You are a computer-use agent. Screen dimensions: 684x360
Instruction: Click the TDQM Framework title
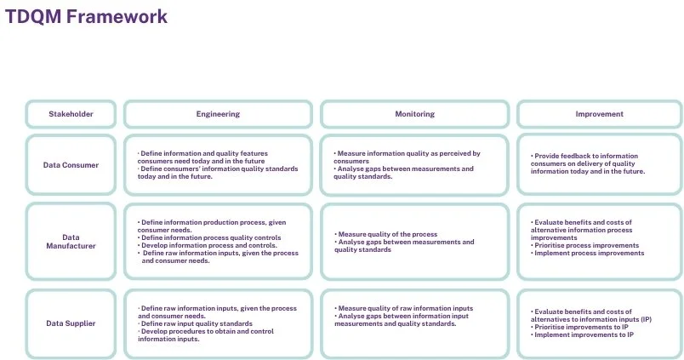point(86,17)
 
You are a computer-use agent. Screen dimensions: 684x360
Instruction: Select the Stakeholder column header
point(71,114)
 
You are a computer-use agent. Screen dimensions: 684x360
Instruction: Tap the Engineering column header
point(218,114)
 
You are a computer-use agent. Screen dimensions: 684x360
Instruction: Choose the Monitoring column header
point(414,114)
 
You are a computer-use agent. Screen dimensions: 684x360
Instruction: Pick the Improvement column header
point(599,114)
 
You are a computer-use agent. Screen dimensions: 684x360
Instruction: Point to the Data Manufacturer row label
point(71,242)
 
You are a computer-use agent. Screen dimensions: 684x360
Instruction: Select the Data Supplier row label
point(71,323)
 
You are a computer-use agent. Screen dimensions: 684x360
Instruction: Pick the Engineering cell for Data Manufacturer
point(218,242)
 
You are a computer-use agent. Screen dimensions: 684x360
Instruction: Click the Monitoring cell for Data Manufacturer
point(414,242)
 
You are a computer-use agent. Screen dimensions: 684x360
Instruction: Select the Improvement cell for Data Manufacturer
point(599,242)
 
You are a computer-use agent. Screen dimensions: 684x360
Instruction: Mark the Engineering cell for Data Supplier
point(218,323)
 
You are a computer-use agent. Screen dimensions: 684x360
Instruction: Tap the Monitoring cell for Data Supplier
point(414,323)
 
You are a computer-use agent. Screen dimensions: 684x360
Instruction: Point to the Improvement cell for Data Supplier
point(599,323)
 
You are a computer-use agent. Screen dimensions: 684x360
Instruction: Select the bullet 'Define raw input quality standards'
point(197,323)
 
